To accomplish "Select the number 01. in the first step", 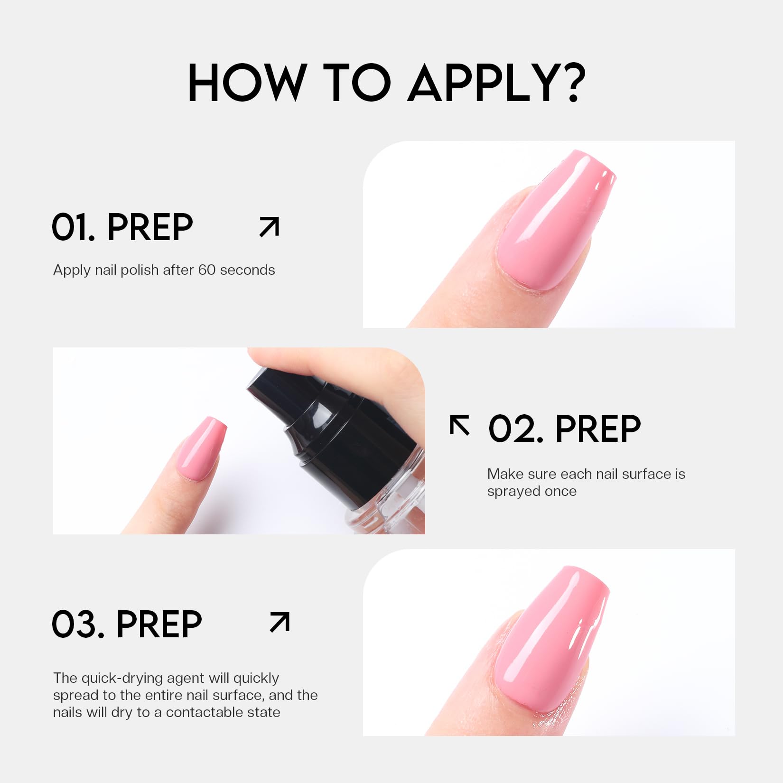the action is (74, 227).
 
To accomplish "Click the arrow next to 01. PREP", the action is (269, 226).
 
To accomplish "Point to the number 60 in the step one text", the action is (207, 270).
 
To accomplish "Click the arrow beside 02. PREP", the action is (460, 425).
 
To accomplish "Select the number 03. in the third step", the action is (78, 624).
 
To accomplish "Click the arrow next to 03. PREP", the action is (280, 622).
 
